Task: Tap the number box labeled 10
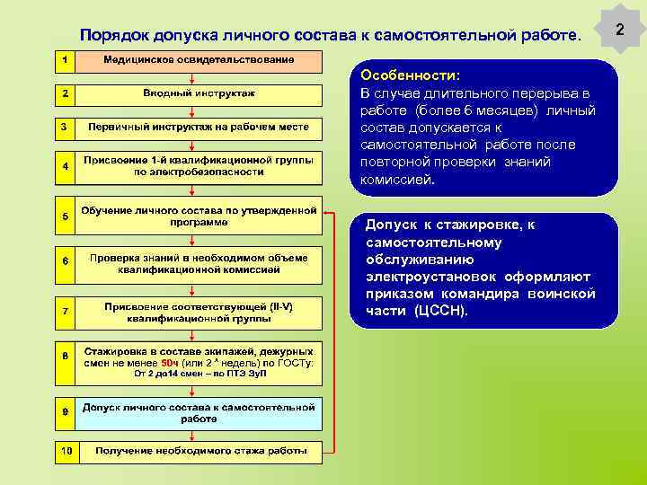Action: tap(66, 451)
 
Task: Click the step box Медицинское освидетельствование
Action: tap(199, 60)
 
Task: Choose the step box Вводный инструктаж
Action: tap(199, 93)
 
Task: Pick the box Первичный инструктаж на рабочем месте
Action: tap(199, 127)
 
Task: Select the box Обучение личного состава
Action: tap(199, 216)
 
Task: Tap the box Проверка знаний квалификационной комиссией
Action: tap(199, 263)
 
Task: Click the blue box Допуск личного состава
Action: tap(199, 412)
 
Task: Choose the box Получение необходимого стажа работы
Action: tap(199, 451)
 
